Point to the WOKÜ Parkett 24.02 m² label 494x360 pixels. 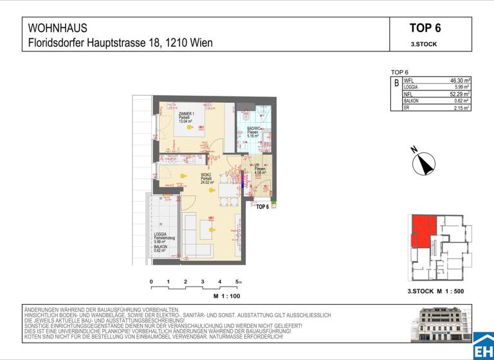(207, 178)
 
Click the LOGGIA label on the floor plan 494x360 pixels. (161, 234)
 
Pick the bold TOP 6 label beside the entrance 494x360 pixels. (262, 207)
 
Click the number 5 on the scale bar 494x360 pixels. (237, 282)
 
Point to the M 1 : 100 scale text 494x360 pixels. (226, 296)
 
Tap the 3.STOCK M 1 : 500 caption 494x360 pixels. (435, 291)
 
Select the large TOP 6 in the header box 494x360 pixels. (425, 28)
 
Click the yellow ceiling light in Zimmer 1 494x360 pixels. (190, 127)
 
